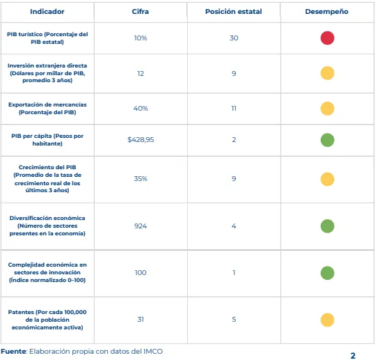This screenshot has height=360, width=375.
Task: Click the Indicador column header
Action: tap(47, 11)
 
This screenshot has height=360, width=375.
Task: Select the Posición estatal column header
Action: tap(234, 11)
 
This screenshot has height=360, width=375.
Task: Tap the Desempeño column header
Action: tap(327, 12)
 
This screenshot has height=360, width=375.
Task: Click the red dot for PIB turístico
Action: tap(328, 38)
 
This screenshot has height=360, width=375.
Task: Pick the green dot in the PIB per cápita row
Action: tap(328, 140)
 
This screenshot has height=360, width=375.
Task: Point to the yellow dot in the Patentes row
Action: tap(328, 320)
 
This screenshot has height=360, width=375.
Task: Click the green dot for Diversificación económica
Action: tap(328, 226)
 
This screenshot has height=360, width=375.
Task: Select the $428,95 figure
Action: tap(141, 139)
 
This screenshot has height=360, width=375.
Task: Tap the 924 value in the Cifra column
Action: tap(141, 226)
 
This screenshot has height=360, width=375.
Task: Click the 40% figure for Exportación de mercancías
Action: tap(141, 109)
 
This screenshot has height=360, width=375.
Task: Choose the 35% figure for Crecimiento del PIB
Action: tap(141, 178)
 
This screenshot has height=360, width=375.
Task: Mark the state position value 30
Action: tap(234, 38)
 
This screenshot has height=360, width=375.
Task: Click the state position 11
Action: tap(234, 109)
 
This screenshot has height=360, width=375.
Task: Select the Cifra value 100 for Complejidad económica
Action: tap(141, 273)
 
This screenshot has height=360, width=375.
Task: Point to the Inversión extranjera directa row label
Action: tap(47, 72)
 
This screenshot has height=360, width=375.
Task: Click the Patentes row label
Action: tap(47, 320)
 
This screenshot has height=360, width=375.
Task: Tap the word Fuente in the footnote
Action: tap(14, 351)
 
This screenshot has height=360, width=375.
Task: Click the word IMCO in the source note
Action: tap(153, 351)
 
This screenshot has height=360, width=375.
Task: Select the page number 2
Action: tap(353, 356)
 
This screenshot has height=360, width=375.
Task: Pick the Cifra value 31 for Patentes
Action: tap(141, 320)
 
